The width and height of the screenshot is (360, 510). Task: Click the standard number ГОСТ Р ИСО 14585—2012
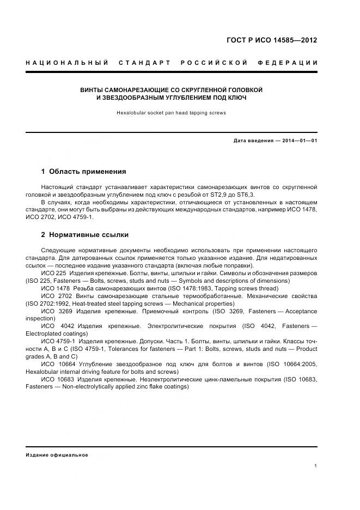coord(271,40)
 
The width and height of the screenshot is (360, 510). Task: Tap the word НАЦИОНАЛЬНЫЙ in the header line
coord(67,63)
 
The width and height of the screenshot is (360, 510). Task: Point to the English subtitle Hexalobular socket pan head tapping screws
coord(171,113)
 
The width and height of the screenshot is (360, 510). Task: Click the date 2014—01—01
coord(298,141)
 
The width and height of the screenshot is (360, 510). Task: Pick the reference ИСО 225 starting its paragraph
coord(53,273)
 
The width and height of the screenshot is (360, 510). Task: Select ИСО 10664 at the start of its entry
coord(57,364)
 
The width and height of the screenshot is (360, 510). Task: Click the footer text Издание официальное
coord(57,454)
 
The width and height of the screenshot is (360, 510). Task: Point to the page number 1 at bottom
coord(315,466)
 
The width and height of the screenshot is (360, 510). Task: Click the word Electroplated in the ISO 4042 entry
coord(45,333)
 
